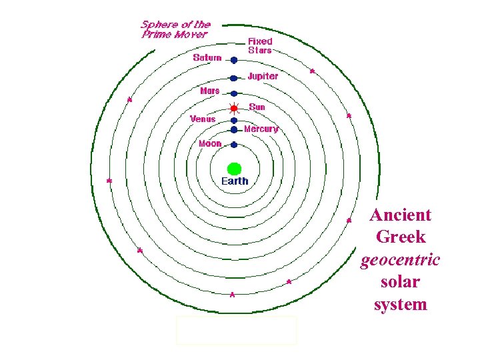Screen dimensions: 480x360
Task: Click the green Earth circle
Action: point(234,169)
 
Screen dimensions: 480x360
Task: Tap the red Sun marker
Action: point(234,108)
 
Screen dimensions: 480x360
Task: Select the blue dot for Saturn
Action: point(234,60)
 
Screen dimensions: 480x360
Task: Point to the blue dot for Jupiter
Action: point(234,78)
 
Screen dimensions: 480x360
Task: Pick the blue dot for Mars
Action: point(234,93)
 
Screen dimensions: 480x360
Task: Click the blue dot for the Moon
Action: point(234,144)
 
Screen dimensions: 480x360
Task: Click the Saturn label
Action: point(207,57)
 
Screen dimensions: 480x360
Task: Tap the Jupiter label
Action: point(263,76)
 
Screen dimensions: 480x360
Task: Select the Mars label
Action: point(210,90)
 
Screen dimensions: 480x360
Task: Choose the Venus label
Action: point(203,119)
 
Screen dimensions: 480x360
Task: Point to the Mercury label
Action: point(261,129)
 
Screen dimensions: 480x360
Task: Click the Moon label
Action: point(210,143)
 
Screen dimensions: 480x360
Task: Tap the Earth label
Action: point(234,181)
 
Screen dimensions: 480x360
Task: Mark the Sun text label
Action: point(257,107)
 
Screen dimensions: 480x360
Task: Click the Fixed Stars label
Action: point(260,45)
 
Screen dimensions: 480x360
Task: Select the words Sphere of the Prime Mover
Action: point(175,29)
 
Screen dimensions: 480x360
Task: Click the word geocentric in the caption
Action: point(400,260)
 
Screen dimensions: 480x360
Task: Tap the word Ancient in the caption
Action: point(401,215)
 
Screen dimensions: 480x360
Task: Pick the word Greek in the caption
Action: point(401,237)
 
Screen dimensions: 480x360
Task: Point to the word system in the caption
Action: point(400,305)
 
